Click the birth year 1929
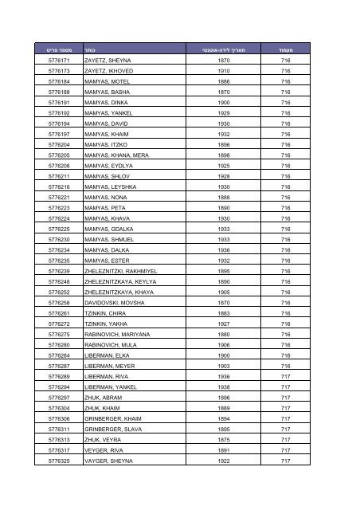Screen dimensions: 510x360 pos(224,114)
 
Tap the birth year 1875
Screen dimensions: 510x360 pos(224,449)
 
